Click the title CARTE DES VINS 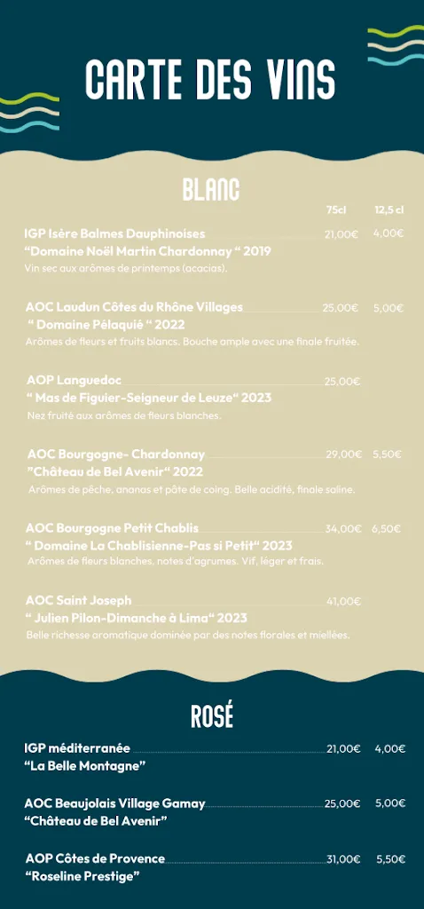[210, 80]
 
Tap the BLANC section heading [211, 189]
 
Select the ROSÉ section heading [212, 715]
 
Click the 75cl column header [335, 210]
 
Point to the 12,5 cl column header [389, 210]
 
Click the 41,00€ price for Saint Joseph [343, 601]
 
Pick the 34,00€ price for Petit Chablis [342, 529]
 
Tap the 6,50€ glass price [387, 529]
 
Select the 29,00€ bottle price [343, 454]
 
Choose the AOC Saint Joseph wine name [79, 601]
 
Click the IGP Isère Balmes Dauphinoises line [115, 233]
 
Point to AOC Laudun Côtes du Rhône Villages [134, 307]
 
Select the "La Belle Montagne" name [85, 765]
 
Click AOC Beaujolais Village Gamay [115, 803]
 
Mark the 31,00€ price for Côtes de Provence [342, 859]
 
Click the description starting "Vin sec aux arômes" [127, 268]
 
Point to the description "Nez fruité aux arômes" [124, 415]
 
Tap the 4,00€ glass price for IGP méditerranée [389, 748]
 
